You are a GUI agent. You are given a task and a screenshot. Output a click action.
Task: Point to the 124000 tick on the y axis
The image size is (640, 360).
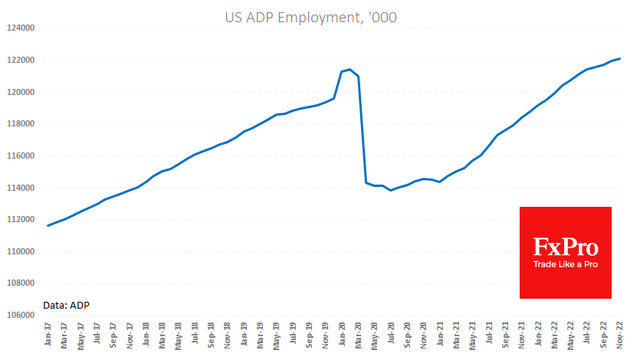(x=21, y=28)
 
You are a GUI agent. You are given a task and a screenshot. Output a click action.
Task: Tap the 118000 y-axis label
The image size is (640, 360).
(x=21, y=124)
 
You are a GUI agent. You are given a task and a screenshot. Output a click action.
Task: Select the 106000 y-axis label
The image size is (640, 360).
(x=21, y=315)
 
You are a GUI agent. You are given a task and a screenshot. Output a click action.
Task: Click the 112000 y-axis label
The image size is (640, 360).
(x=21, y=220)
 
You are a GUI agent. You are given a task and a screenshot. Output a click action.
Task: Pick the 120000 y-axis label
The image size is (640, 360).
(x=21, y=92)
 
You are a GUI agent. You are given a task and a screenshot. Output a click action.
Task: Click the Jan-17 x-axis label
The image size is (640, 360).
(x=48, y=335)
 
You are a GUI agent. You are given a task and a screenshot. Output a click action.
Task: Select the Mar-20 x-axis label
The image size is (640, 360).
(x=358, y=335)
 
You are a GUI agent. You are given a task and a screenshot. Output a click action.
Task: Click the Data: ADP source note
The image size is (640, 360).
(x=67, y=305)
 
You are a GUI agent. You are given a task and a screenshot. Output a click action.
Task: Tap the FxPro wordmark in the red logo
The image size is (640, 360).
(x=566, y=247)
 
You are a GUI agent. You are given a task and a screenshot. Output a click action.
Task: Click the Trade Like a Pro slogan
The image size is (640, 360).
(x=566, y=264)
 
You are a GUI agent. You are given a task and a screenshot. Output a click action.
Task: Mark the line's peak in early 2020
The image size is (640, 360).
(x=350, y=70)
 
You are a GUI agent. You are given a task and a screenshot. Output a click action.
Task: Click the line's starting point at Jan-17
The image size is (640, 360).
(x=48, y=225)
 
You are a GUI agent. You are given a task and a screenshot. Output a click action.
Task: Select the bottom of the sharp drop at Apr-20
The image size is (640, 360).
(x=366, y=182)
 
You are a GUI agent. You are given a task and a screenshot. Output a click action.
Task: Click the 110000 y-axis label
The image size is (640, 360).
(x=21, y=251)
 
